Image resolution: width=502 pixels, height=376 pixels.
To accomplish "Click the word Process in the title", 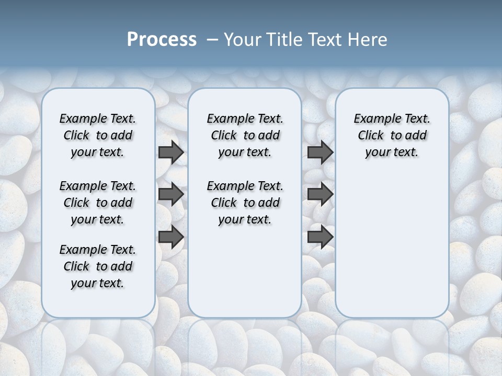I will point(162,40).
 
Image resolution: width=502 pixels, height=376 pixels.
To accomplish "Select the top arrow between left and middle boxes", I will point(171,152).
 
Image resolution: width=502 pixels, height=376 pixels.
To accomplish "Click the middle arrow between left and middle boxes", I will point(171,194).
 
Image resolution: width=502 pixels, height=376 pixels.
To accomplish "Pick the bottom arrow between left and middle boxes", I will point(171,237).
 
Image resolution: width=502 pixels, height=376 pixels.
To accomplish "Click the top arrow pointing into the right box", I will point(320,152).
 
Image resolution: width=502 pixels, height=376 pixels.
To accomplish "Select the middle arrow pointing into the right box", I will point(320,194).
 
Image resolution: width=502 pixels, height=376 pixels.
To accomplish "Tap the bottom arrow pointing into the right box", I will point(320,237).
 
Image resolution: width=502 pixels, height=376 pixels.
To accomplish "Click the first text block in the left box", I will point(98,135).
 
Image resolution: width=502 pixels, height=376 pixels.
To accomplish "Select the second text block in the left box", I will point(98,203).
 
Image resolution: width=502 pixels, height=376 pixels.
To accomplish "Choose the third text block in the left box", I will point(98,266).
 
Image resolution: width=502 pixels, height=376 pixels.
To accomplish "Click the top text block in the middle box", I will point(245,135).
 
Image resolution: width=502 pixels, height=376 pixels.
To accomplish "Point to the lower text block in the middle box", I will point(245,203).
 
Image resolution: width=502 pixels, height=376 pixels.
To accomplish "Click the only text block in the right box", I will point(392,135).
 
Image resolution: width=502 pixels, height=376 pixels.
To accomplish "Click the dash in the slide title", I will point(212,40).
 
